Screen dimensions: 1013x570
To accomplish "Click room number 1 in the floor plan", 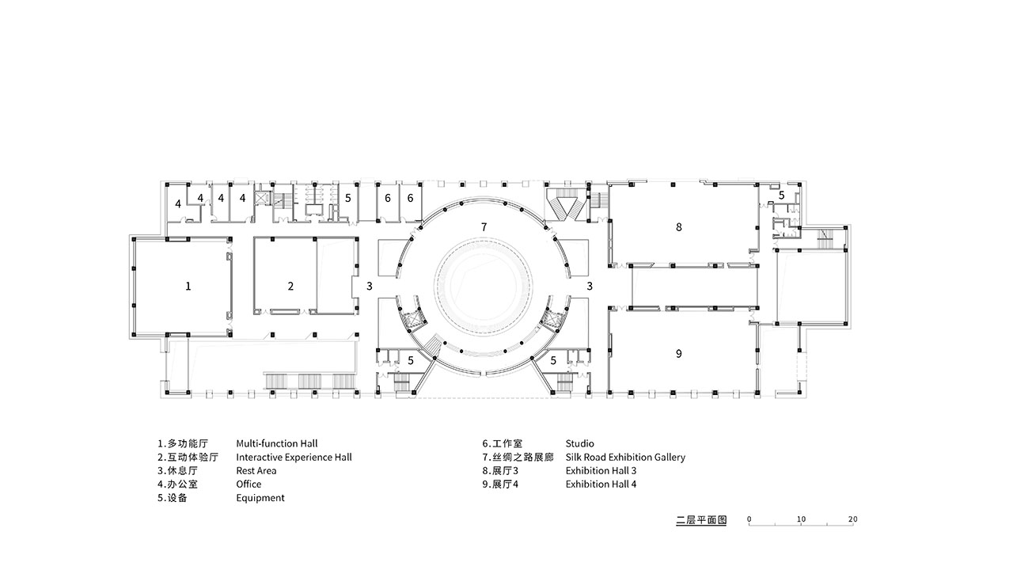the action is (188, 286).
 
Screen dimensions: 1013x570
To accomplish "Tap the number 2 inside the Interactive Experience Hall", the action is (290, 286).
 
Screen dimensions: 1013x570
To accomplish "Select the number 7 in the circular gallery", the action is (484, 227).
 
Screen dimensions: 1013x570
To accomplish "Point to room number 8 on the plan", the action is (678, 227).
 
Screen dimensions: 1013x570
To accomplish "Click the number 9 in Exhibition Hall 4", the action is (678, 354).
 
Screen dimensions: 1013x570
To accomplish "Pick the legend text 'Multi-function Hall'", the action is (277, 444).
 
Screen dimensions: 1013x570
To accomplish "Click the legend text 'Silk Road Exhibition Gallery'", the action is (625, 458).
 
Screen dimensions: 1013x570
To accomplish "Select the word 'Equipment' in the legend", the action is (260, 498).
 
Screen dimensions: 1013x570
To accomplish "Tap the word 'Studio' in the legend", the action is (580, 444).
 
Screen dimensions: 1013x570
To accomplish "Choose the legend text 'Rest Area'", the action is (256, 471).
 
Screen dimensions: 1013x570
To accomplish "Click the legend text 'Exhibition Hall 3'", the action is (601, 471).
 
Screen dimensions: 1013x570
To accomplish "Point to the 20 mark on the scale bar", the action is (852, 519).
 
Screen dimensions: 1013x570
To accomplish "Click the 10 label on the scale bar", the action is (801, 519).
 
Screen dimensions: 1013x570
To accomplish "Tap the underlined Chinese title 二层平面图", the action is (701, 520).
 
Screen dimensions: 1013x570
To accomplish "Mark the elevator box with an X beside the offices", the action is (262, 198).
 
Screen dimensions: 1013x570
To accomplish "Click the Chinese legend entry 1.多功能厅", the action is (183, 444).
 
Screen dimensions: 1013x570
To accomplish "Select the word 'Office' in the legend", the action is (249, 484).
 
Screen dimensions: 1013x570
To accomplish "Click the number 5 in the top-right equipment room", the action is (781, 196).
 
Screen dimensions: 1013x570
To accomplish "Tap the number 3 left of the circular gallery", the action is (370, 286).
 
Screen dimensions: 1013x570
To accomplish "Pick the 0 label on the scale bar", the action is (749, 519).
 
